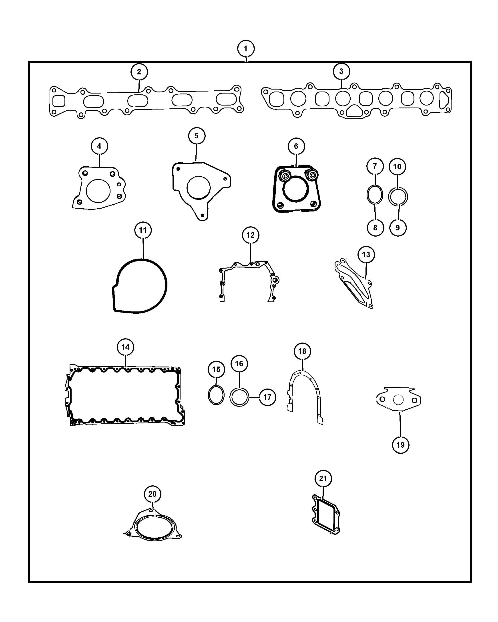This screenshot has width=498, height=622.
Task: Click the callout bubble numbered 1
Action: pos(246,48)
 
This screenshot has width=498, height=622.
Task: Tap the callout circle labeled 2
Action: pos(139,72)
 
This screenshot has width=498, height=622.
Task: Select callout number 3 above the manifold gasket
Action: pos(341,71)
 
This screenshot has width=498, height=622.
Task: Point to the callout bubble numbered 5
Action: pos(197,136)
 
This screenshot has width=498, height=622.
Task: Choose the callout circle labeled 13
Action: pos(366,254)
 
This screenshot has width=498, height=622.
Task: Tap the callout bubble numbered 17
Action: pos(267,397)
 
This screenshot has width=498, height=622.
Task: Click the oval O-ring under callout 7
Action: pos(375,195)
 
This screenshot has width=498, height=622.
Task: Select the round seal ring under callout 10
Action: pos(389,197)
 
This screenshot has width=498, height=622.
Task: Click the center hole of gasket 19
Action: pos(398,400)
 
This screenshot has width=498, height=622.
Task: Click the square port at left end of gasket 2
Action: pos(59,101)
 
